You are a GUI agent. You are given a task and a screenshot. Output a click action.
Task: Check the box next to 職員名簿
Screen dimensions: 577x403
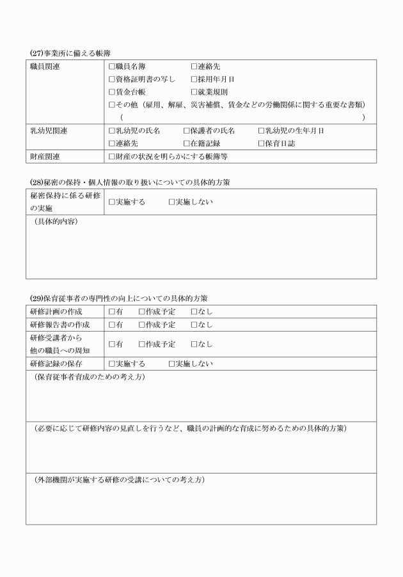click(112, 66)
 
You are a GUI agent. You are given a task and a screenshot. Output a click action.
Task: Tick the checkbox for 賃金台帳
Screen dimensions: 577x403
click(112, 92)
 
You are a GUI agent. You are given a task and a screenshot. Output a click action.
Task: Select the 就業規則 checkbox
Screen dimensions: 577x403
click(194, 92)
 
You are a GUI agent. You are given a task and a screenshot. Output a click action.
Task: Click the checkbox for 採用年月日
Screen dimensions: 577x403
click(194, 79)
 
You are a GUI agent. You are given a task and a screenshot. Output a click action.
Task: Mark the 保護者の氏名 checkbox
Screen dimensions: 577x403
click(186, 130)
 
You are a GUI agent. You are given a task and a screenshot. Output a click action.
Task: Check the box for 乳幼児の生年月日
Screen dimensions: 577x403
click(261, 130)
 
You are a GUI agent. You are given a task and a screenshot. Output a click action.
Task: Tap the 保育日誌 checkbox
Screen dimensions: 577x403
click(261, 143)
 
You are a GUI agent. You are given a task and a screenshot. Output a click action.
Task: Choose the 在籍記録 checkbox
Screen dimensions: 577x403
click(186, 143)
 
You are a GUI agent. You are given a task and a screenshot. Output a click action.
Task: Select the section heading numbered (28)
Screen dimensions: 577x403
click(127, 183)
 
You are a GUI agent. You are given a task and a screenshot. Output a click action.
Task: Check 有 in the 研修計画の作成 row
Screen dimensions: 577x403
click(112, 312)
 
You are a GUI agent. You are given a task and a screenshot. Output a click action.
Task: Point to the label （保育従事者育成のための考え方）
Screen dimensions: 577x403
click(90, 377)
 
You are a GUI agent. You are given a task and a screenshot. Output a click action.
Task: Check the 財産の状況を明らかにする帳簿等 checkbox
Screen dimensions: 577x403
click(112, 156)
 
